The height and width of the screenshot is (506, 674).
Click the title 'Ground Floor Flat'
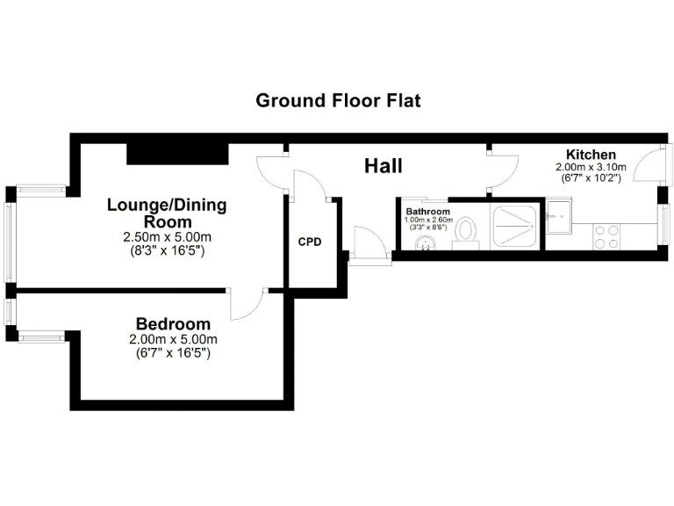click(x=338, y=100)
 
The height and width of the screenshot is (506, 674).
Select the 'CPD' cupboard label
click(x=309, y=242)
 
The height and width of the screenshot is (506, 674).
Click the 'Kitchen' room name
click(x=590, y=155)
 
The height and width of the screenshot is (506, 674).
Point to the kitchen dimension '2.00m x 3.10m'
click(x=590, y=167)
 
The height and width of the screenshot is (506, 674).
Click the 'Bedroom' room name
click(x=173, y=323)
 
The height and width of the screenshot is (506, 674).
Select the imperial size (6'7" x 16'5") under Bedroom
click(x=173, y=353)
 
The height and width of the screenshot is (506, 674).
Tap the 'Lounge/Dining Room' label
click(x=167, y=213)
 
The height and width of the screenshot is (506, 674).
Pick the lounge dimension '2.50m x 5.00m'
click(x=167, y=238)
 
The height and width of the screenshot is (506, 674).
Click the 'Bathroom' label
click(x=427, y=212)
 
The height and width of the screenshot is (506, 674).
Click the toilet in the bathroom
click(x=466, y=233)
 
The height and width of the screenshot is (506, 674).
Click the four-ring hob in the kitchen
click(x=606, y=236)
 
